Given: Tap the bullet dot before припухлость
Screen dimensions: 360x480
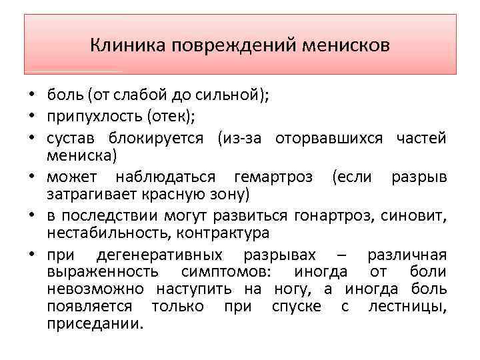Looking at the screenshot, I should [31, 118].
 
